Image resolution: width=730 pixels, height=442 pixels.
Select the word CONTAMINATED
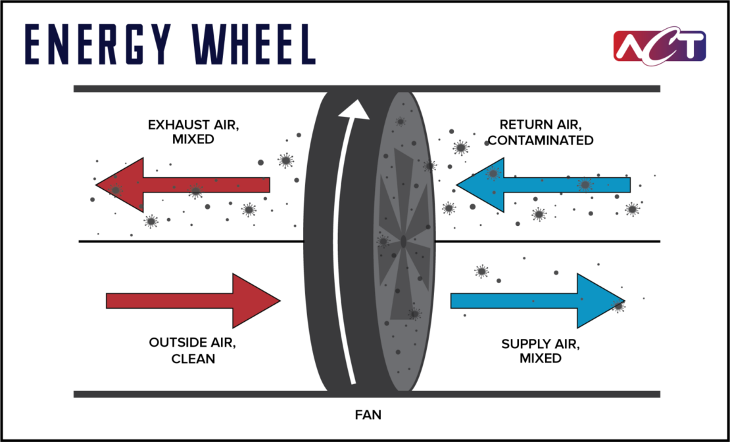[541, 141]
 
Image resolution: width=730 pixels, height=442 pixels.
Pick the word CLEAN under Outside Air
[193, 359]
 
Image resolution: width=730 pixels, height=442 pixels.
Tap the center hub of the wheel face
[402, 242]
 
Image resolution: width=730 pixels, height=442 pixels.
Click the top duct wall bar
[197, 89]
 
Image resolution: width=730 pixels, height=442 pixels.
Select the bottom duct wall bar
[197, 394]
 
